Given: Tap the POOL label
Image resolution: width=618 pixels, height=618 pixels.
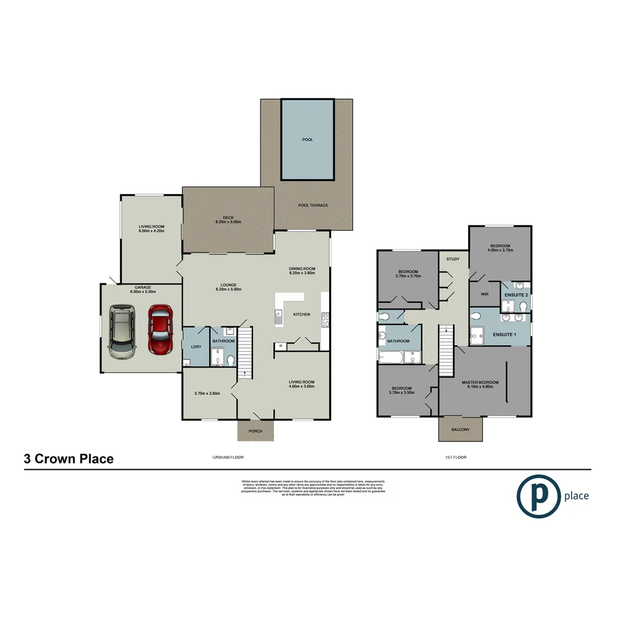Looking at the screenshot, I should tap(307, 140).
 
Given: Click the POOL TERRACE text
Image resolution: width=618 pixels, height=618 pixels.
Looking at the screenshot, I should tap(313, 205).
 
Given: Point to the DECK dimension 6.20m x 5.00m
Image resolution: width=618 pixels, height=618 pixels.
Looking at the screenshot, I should tap(228, 222).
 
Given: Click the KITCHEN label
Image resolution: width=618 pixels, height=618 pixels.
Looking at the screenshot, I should tap(301, 315).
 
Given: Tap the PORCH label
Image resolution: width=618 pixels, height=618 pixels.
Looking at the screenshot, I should tap(255, 431).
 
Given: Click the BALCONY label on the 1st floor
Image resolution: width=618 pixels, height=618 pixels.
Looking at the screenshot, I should tap(461, 430).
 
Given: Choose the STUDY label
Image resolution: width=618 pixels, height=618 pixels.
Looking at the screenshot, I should tap(453, 259).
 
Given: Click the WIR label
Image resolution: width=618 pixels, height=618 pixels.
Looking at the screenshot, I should tap(484, 295).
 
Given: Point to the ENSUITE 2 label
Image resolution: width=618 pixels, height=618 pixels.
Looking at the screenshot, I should tap(516, 295).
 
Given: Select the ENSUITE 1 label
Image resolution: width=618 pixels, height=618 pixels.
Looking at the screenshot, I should tap(504, 334).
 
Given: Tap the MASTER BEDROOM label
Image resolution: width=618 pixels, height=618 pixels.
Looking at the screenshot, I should tap(480, 382).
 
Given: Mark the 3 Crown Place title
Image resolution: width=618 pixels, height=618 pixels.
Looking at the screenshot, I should tap(69, 458).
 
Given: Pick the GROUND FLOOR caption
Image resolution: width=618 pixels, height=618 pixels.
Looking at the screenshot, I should tap(228, 458).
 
